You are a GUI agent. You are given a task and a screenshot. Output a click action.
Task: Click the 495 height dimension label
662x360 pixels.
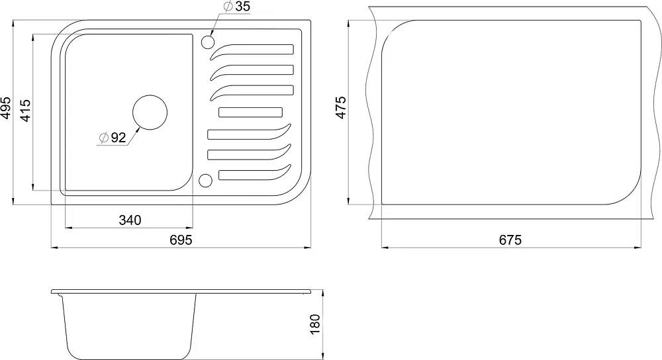click(5, 108)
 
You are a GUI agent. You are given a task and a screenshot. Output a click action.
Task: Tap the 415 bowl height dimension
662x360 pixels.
click(25, 111)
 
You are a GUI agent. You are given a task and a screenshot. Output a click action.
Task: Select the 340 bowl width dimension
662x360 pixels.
click(130, 220)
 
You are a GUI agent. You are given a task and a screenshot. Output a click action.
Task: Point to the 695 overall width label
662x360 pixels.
click(181, 240)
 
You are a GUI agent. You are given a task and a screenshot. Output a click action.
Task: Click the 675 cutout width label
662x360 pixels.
click(510, 240)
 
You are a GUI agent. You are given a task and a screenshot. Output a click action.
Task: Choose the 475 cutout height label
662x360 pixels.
click(340, 108)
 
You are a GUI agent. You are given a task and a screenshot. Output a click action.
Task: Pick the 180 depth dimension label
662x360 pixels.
click(315, 324)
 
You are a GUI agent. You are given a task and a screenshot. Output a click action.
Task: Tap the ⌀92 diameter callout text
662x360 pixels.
click(113, 137)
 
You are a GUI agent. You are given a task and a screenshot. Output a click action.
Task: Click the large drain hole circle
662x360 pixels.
click(150, 112)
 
